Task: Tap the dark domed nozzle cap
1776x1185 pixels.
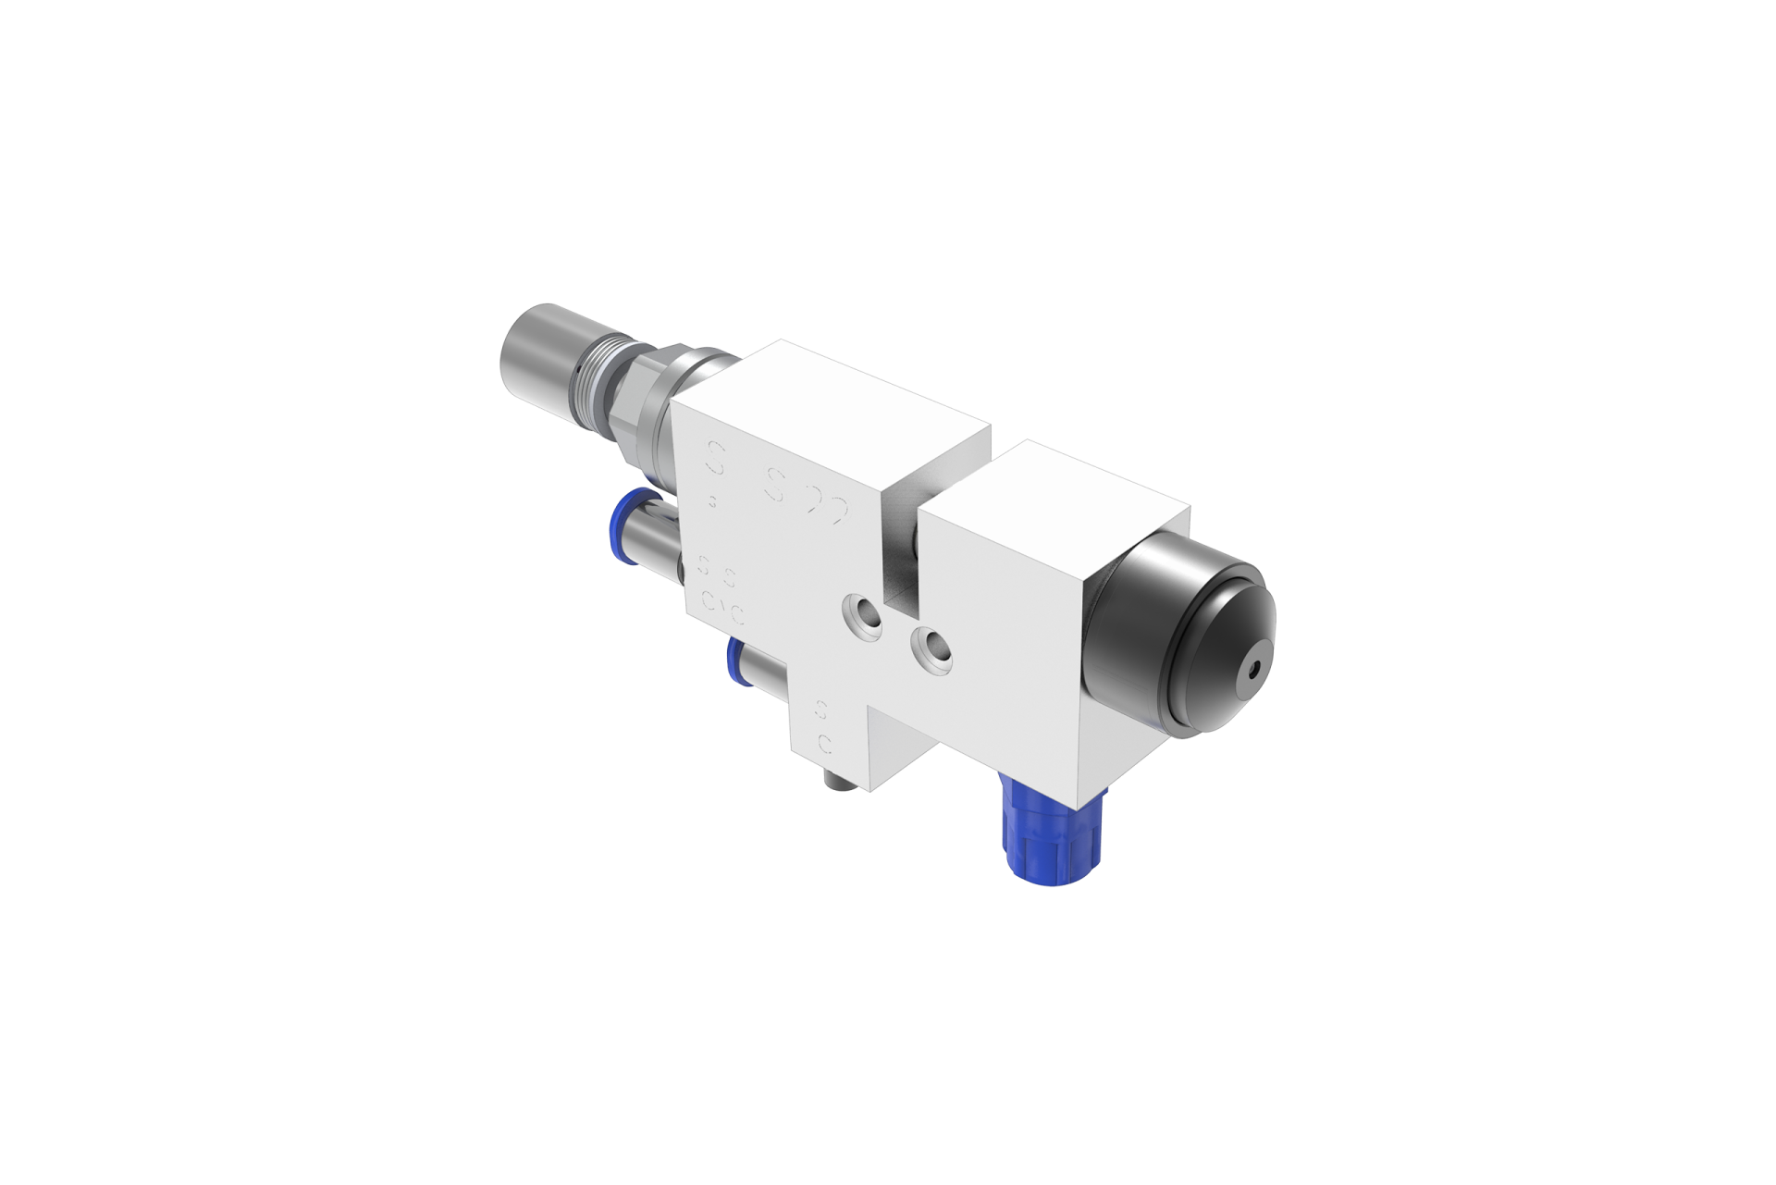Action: (1202, 629)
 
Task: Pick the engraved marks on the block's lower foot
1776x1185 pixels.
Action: (821, 726)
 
